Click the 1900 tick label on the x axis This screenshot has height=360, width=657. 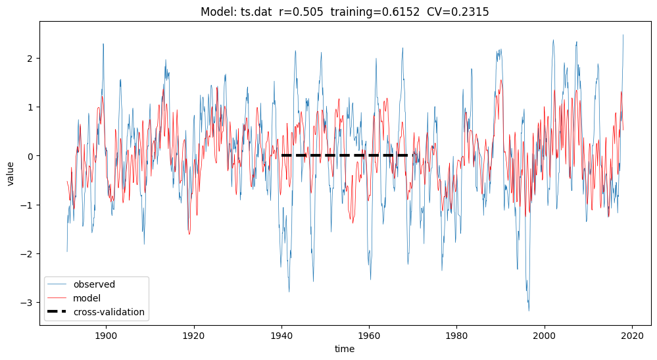point(105,335)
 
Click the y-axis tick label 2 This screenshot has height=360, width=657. point(29,58)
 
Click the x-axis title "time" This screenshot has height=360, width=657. point(345,349)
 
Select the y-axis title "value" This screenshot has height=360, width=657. point(11,173)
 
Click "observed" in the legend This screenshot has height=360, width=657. point(94,285)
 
